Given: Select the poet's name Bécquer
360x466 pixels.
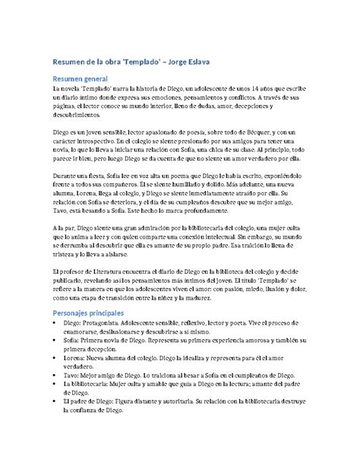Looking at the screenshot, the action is click(x=246, y=132).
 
